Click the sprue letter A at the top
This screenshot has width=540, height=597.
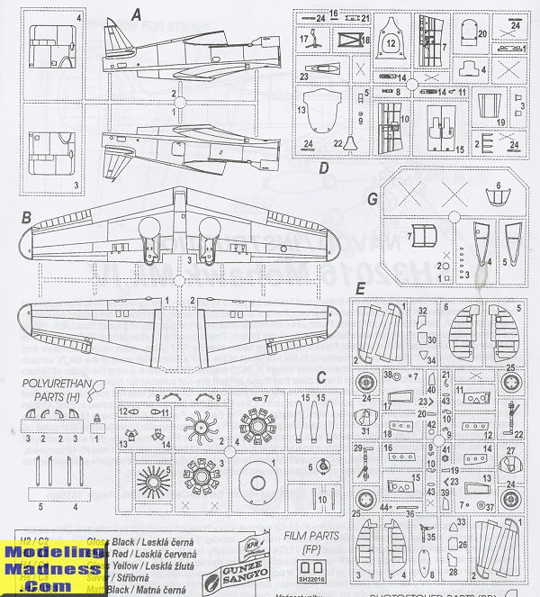click(x=137, y=14)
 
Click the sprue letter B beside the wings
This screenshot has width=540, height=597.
click(x=28, y=217)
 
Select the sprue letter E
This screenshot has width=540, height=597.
click(x=360, y=290)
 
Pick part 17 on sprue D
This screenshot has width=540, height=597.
click(x=305, y=40)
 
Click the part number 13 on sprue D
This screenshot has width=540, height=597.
click(x=303, y=109)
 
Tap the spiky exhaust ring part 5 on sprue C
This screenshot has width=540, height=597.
click(x=154, y=475)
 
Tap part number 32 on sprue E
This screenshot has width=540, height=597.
click(x=422, y=310)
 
